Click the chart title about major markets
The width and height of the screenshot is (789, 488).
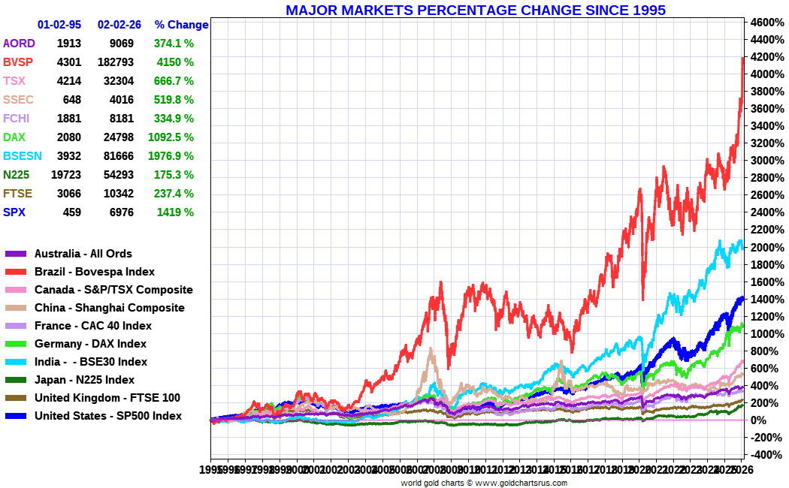476,10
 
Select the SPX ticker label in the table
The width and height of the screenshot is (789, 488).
14,212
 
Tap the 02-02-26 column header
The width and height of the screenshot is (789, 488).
119,25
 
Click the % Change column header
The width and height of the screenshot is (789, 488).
181,25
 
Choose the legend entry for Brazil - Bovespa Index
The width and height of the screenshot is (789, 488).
95,272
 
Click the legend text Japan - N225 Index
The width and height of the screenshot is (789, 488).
84,380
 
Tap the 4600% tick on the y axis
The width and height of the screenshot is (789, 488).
766,22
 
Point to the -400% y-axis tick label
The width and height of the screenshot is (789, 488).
765,455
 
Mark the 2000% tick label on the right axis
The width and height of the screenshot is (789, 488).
766,247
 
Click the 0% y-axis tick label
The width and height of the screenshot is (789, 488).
759,420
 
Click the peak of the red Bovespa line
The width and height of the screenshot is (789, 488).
742,57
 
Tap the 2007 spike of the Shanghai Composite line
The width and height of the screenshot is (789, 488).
431,349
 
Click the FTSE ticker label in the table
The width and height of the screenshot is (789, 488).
17,194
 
